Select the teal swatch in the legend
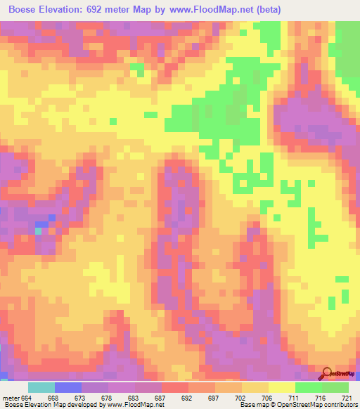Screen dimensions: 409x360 [x=41, y=387]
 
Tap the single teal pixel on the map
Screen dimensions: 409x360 [x=38, y=230]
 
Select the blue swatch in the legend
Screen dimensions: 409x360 [x=68, y=387]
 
